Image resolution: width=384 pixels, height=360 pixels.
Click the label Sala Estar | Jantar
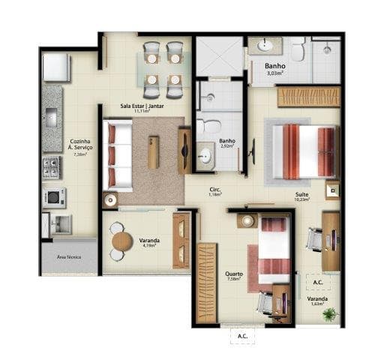tap(143, 106)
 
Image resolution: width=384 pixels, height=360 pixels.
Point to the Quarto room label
tap(233, 274)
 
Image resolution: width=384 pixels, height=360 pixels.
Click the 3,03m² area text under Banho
tap(274, 73)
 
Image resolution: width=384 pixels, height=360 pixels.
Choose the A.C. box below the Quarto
tap(242, 336)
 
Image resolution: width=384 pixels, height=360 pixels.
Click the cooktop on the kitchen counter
tap(52, 167)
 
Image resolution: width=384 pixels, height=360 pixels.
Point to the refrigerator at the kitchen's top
tap(55, 67)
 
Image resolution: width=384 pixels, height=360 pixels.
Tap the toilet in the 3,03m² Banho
tap(298, 50)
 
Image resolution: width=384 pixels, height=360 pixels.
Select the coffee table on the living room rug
tap(153, 151)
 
